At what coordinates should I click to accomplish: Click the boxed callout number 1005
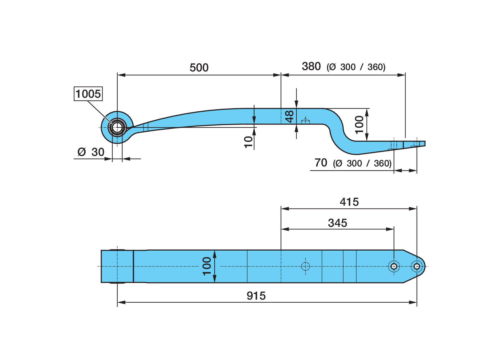point(88,94)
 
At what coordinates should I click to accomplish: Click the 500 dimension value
point(199,68)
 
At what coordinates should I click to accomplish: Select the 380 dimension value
point(311,66)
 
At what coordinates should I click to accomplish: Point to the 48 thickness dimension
point(289,116)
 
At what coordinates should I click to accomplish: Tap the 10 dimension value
point(249,142)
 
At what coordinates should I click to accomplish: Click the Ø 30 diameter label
point(91,152)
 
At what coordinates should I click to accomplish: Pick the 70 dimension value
point(321,163)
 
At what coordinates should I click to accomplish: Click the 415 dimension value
point(349,202)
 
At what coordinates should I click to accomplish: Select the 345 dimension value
point(337,223)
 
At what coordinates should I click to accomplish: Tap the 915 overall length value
point(256,296)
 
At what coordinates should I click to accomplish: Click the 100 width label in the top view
point(207,266)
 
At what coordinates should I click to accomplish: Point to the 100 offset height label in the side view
point(359,125)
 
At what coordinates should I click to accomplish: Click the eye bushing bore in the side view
point(117,128)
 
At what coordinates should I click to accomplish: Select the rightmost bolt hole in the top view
point(417,266)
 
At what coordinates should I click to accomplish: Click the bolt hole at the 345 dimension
point(394,266)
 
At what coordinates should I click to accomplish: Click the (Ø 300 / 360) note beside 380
point(356,67)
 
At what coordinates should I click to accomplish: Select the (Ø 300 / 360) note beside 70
point(362,163)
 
